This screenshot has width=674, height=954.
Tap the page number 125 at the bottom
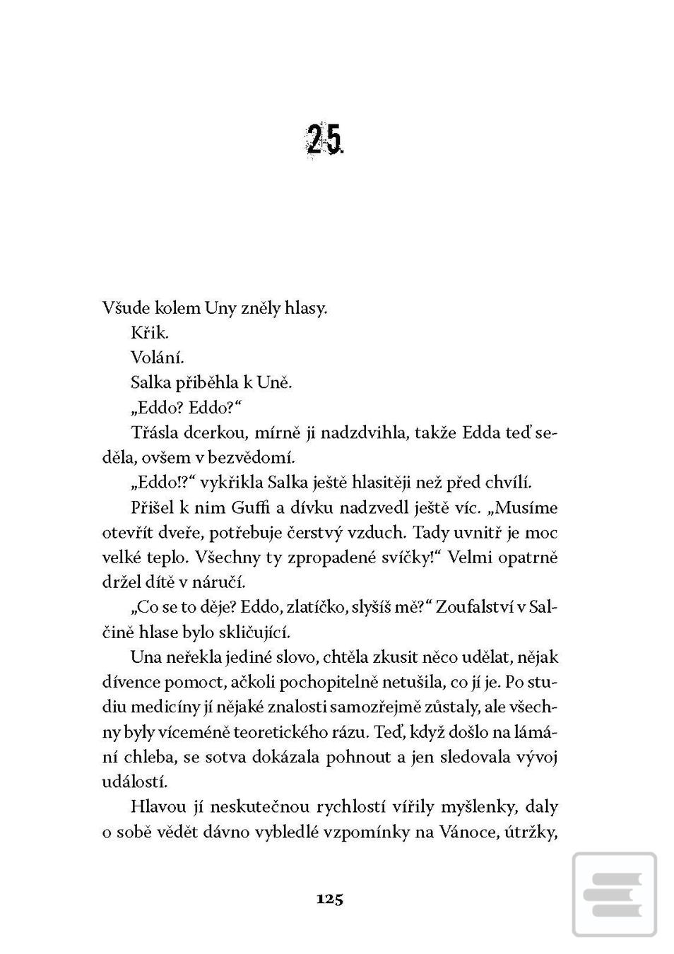click(330, 899)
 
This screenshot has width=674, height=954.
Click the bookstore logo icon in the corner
click(613, 893)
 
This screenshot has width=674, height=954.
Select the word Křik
click(149, 334)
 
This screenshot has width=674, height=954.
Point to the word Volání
click(157, 358)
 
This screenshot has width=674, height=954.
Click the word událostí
click(134, 782)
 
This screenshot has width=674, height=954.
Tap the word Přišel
click(153, 508)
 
